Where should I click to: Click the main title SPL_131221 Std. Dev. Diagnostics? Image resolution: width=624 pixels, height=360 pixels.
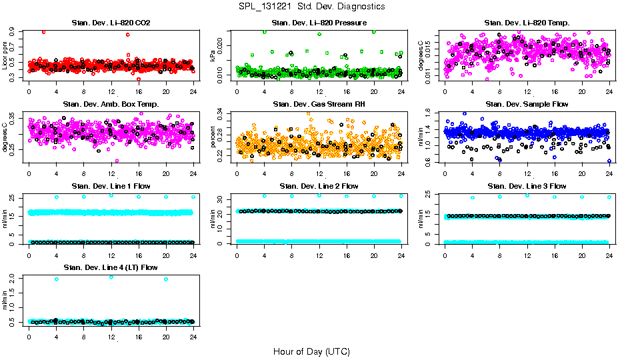311,7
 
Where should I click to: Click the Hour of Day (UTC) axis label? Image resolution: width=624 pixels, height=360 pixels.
311,351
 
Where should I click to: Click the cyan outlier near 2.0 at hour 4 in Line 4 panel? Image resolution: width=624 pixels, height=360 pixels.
56,279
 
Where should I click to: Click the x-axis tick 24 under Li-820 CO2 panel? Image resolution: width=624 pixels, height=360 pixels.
193,92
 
